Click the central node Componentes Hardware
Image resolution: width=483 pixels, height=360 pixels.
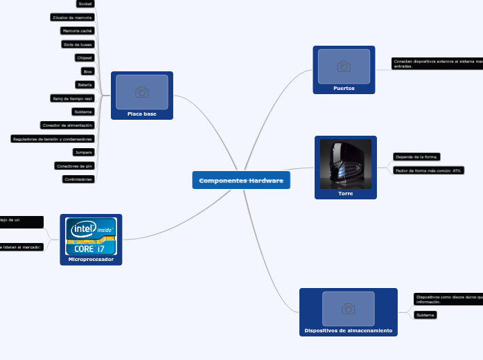(x=241, y=181)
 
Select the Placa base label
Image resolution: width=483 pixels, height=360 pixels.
(x=141, y=114)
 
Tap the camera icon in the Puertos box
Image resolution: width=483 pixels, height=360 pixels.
(x=344, y=66)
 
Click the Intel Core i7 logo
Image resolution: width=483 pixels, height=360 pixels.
(x=91, y=236)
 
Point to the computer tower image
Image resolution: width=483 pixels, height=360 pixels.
(x=345, y=164)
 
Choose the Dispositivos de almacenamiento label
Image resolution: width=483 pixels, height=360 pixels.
(x=348, y=331)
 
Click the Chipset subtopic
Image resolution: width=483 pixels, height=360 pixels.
(x=85, y=57)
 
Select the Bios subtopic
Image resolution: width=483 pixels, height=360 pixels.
(x=87, y=71)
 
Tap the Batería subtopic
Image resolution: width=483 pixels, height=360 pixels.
(x=85, y=84)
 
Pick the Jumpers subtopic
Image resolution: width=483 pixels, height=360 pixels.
(x=83, y=152)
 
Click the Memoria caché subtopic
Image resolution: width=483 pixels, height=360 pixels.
(x=77, y=31)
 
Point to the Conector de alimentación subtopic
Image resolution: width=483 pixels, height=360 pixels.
(x=67, y=125)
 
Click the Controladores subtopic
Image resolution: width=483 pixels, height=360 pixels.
(x=78, y=179)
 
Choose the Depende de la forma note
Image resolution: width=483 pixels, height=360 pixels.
(x=416, y=157)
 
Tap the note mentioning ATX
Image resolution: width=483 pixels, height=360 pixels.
(x=428, y=170)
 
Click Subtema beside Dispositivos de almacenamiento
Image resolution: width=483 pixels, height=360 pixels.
(x=425, y=315)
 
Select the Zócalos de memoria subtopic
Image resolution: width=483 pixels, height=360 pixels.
(x=72, y=17)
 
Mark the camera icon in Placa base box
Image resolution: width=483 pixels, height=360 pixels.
(x=142, y=92)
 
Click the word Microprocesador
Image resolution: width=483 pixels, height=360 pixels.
(x=91, y=259)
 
